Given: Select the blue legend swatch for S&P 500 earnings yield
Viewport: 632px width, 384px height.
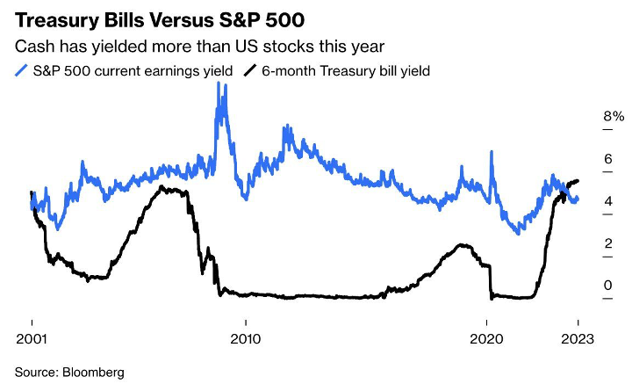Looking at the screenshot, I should tap(21, 70).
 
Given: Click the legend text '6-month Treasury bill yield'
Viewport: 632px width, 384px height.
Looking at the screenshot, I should tap(345, 71).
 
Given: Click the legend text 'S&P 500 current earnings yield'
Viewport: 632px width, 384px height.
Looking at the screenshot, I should tap(131, 71).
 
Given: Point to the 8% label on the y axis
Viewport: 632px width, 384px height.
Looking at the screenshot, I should tap(588, 116).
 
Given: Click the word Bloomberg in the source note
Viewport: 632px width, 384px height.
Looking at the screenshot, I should tap(94, 372).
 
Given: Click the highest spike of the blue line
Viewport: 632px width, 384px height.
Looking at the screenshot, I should tap(219, 86).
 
